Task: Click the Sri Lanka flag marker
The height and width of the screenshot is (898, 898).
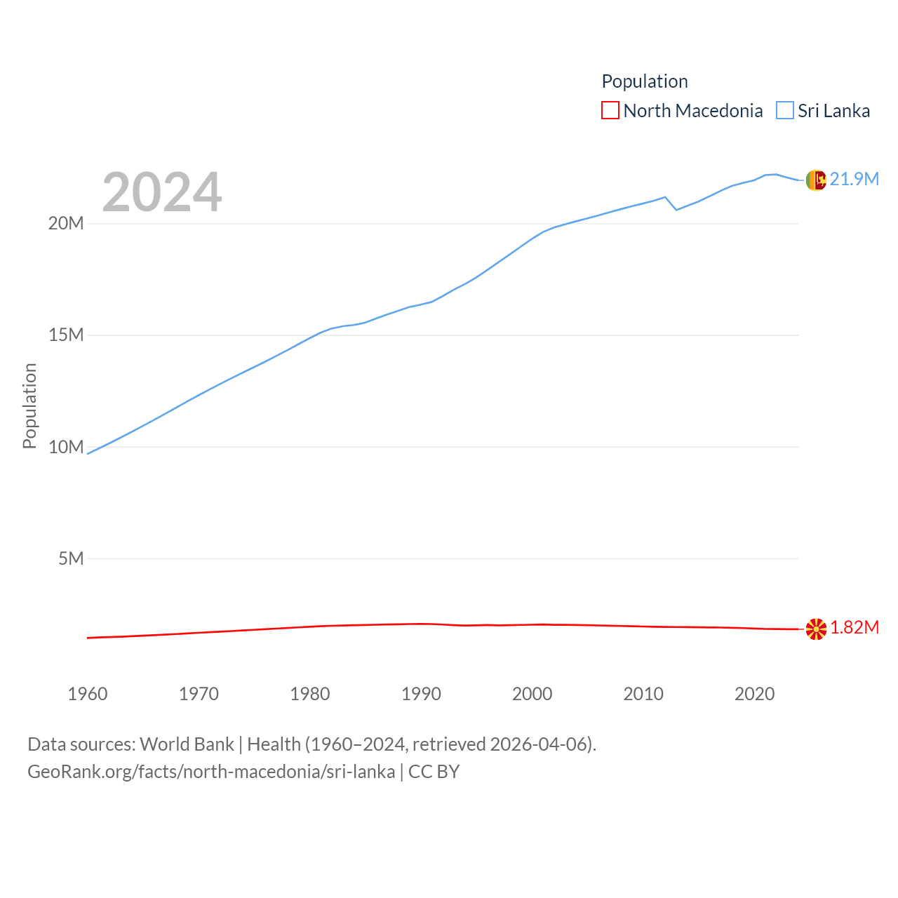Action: pos(816,180)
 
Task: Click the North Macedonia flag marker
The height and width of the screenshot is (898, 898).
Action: pos(816,629)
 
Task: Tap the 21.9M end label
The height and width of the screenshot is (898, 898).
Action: pos(854,180)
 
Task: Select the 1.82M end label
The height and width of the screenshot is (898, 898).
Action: pos(855,628)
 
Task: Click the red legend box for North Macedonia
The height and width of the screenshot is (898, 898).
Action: pos(610,111)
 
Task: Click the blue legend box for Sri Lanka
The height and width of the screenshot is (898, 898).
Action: pos(785,111)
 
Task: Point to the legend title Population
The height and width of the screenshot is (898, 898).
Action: pos(645,81)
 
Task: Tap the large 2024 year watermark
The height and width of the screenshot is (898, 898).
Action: pos(162,192)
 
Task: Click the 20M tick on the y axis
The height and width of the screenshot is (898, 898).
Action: pos(66,224)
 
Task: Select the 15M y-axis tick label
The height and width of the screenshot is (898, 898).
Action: pos(66,335)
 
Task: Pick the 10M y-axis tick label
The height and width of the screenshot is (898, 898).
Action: pos(66,447)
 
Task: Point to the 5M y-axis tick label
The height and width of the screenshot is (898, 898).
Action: pos(71,558)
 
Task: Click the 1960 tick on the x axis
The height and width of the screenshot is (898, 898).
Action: pos(88,695)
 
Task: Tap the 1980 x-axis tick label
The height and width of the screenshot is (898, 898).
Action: pos(310,695)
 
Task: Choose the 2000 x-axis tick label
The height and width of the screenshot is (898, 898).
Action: pos(532,695)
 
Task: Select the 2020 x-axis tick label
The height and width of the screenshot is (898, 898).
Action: pos(755,695)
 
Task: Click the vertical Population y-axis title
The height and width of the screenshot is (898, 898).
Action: pos(29,406)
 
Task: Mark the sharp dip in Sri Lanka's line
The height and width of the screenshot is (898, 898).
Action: pos(676,209)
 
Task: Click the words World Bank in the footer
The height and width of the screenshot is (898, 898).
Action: pos(187,744)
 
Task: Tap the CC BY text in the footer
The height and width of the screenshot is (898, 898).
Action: pos(434,772)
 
